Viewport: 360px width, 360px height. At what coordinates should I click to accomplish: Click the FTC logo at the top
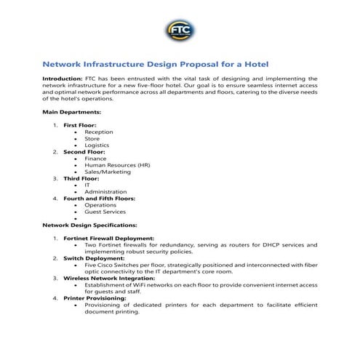[180, 31]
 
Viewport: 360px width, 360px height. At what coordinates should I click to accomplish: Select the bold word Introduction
[62, 78]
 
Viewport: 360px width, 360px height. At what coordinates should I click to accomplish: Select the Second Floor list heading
[84, 151]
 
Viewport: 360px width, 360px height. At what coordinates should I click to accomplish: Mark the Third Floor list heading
[80, 178]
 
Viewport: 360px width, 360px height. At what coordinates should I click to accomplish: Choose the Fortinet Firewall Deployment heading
[108, 238]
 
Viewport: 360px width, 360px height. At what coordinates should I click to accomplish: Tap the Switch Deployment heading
[94, 258]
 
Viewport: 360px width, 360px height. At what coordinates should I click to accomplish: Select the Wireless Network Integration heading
[108, 278]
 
